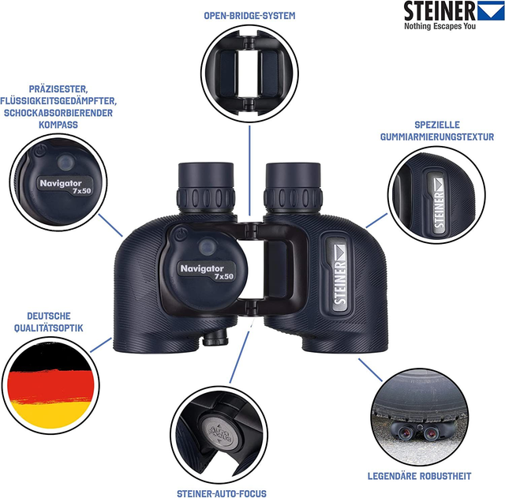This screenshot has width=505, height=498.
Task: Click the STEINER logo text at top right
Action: (440, 12)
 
